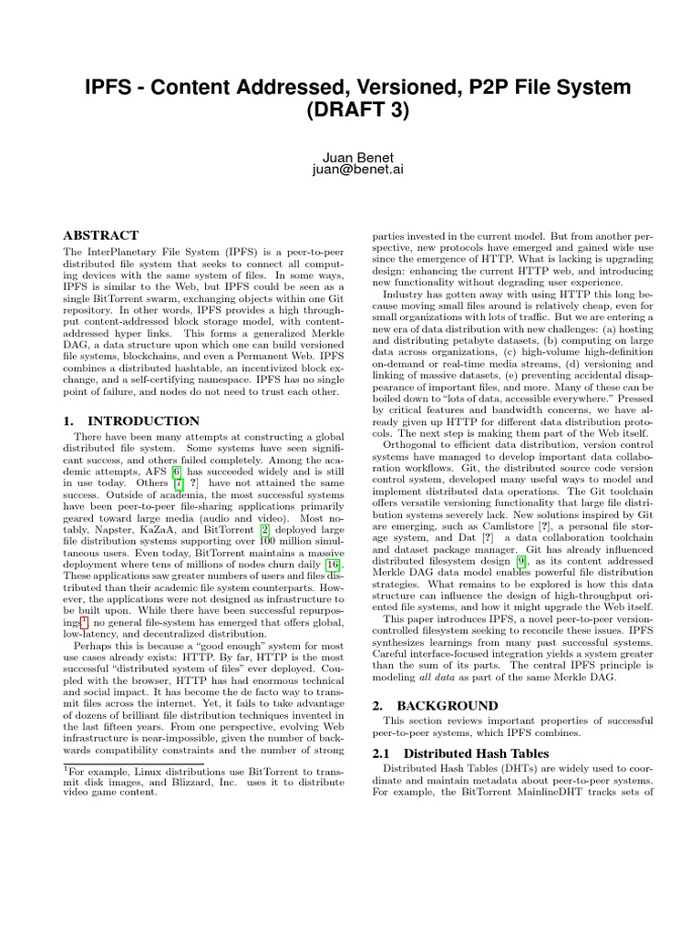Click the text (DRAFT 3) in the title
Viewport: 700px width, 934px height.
click(349, 111)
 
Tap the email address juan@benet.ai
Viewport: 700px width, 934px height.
click(349, 169)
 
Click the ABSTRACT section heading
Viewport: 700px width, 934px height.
click(100, 235)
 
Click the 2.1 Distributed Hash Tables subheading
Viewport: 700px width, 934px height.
click(463, 753)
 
